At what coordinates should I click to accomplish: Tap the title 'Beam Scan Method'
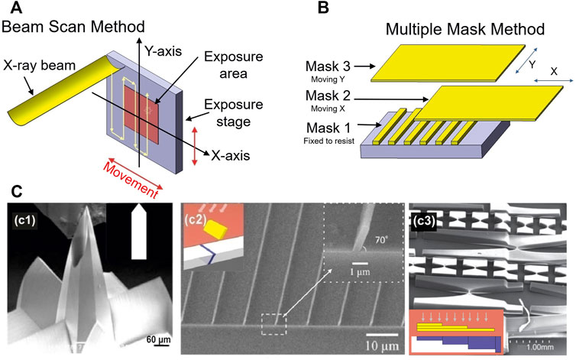[x=66, y=28]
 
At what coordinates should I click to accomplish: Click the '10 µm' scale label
[x=381, y=339]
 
